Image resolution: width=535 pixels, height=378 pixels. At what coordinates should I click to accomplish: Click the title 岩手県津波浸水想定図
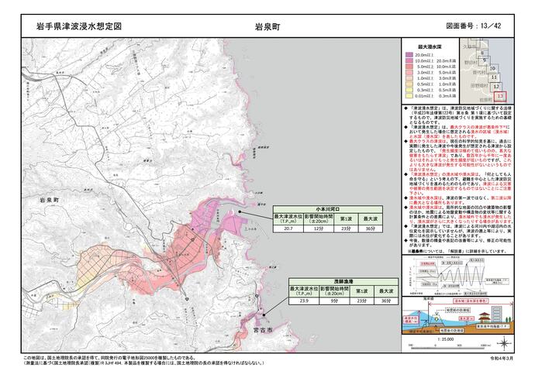[79, 26]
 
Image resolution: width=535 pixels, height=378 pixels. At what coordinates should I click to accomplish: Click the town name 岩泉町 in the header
[267, 26]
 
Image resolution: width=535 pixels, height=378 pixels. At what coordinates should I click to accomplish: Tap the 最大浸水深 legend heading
[430, 46]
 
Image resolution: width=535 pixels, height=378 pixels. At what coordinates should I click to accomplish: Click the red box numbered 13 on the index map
[501, 96]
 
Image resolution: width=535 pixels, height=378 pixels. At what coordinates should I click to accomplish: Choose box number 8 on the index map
[484, 59]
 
